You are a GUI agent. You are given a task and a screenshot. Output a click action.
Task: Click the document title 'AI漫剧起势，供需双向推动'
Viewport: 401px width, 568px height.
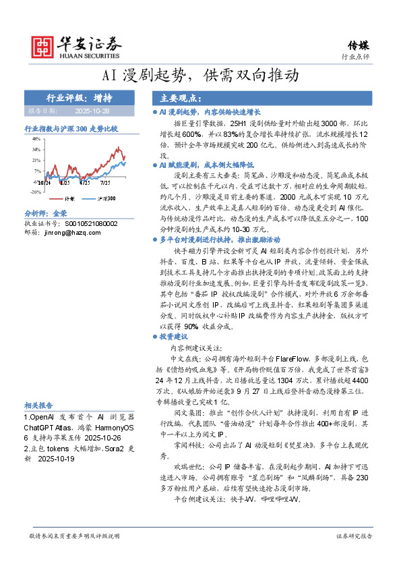(200, 75)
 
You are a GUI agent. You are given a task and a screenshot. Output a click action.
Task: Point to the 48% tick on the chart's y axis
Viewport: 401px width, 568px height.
(36, 138)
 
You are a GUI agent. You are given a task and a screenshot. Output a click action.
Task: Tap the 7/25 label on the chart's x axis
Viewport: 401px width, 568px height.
(104, 182)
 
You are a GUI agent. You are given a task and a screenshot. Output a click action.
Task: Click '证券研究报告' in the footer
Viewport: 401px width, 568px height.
(353, 536)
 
